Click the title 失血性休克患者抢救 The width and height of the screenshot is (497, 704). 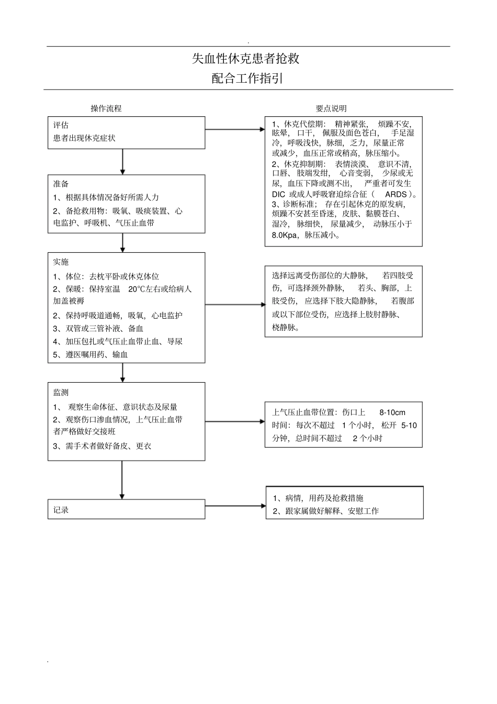coord(245,59)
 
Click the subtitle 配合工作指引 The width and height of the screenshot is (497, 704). coord(247,79)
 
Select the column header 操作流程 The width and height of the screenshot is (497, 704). coord(106,108)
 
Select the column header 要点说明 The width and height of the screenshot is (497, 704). coord(331,108)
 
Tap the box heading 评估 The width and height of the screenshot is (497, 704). coord(61,125)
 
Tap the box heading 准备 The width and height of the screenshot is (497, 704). coord(61,184)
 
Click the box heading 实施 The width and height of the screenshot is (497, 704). coord(61,262)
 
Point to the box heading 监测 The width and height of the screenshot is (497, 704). coord(61,392)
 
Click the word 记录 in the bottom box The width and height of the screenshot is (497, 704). coord(61,510)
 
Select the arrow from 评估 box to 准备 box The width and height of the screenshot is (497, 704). coord(122,161)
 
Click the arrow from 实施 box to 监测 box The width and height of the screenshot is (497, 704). coord(122,372)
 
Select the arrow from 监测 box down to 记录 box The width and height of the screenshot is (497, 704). coord(122,480)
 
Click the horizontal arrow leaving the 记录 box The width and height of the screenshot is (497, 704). coord(235,506)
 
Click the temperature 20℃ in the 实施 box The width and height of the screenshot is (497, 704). coord(138,289)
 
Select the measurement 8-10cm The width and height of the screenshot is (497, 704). coord(392,412)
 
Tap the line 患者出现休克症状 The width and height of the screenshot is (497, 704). coord(84,138)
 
